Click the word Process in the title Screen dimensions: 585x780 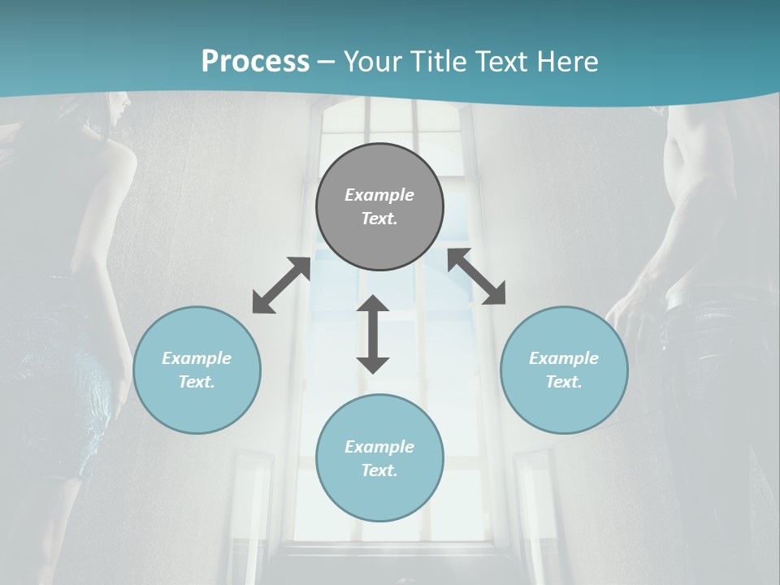tap(255, 62)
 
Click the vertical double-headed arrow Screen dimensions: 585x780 tap(373, 335)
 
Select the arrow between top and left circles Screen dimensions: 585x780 tap(281, 285)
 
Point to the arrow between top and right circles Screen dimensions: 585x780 tap(477, 277)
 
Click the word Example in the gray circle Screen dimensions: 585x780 tap(379, 195)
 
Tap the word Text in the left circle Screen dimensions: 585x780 tap(197, 382)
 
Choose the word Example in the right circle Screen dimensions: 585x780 tap(563, 358)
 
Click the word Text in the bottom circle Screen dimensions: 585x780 tap(379, 470)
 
